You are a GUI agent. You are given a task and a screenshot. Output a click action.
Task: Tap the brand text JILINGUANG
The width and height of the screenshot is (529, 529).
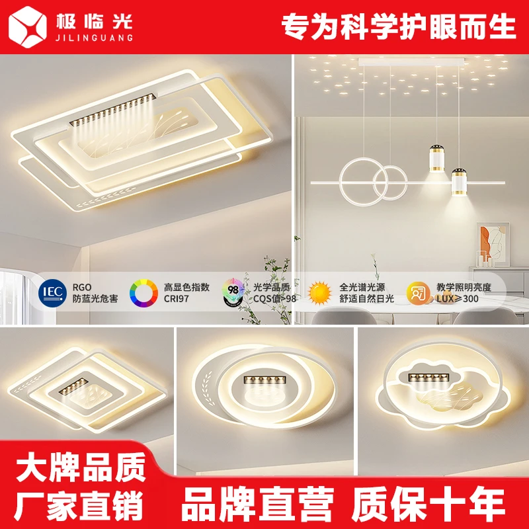[93, 38]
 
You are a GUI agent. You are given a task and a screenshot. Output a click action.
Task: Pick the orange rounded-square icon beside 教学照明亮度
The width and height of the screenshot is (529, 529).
[418, 292]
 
